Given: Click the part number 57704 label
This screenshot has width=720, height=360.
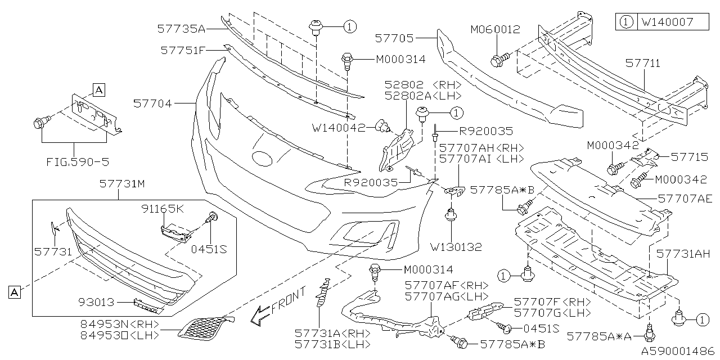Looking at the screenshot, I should click(153, 103).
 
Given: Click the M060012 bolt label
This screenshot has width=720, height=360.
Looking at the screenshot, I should click(495, 30).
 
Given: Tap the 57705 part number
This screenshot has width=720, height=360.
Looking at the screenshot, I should click(394, 38).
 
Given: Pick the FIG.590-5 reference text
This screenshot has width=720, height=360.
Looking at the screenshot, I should click(78, 162).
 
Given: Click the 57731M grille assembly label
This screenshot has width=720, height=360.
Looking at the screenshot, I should click(119, 184).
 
